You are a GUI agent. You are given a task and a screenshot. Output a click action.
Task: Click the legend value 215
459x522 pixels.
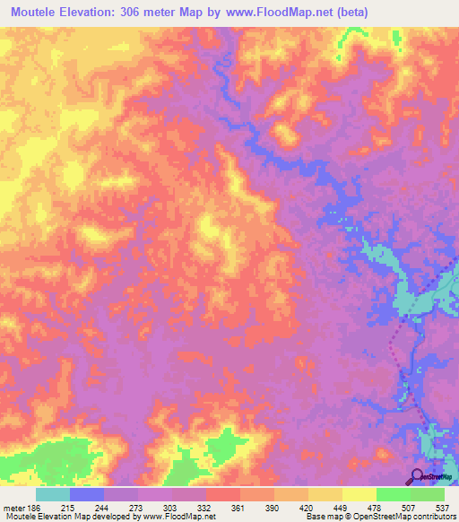68,508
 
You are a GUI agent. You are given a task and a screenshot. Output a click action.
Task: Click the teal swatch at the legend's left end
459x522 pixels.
52,494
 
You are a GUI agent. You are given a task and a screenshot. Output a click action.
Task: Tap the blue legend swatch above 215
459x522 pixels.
86,494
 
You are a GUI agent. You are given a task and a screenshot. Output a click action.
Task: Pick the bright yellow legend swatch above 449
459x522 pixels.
359,494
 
